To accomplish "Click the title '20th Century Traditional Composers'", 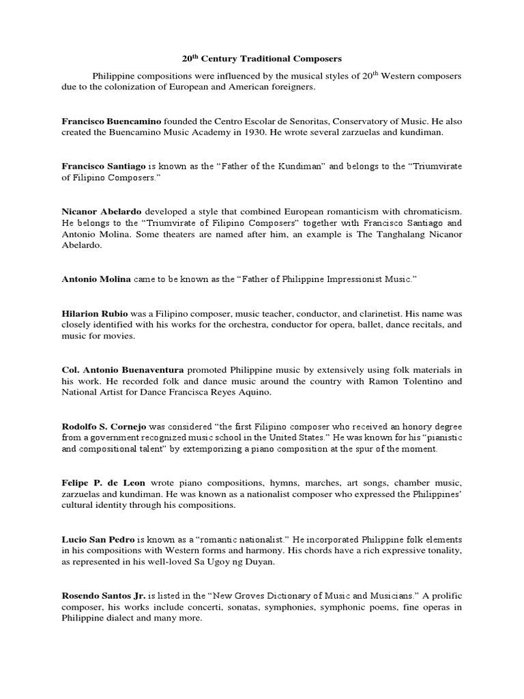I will click(261, 60).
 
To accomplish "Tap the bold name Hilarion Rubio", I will click(95, 313).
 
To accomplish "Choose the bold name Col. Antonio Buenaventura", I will click(123, 369).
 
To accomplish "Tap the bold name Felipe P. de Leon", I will click(103, 483).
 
